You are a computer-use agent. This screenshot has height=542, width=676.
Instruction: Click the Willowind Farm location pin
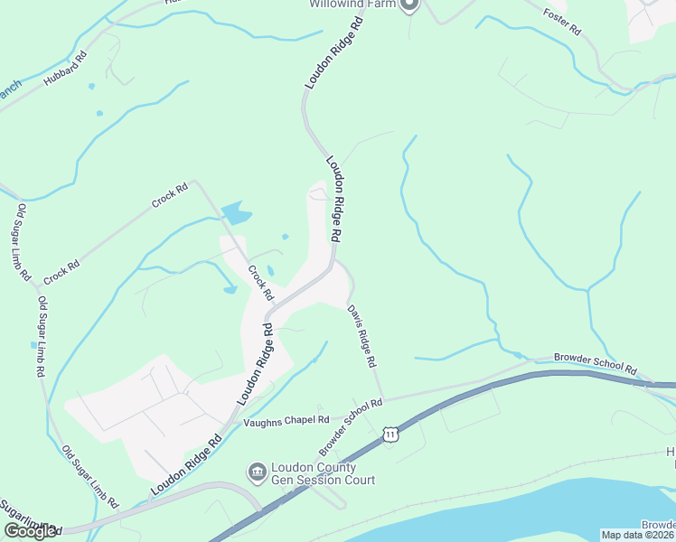tap(408, 5)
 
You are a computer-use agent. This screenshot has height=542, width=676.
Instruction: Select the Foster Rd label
tap(561, 22)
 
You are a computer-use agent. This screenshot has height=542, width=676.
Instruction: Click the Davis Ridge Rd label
tap(361, 335)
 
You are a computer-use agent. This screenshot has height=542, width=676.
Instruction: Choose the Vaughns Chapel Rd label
tap(286, 420)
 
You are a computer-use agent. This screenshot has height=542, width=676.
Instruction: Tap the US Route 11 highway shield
tap(390, 435)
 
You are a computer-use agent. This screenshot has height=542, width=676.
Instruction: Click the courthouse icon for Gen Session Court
tap(256, 472)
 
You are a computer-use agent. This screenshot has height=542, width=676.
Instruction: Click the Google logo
tap(31, 531)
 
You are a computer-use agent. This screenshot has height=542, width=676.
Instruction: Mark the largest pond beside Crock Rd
tap(235, 213)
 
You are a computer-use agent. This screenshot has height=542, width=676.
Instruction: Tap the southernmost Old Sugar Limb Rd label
tap(91, 475)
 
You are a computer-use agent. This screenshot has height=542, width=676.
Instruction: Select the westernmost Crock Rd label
tap(62, 271)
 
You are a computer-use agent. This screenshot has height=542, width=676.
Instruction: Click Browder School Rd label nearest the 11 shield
tap(351, 428)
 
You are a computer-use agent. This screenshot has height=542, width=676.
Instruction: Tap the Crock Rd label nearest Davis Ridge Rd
tap(261, 282)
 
